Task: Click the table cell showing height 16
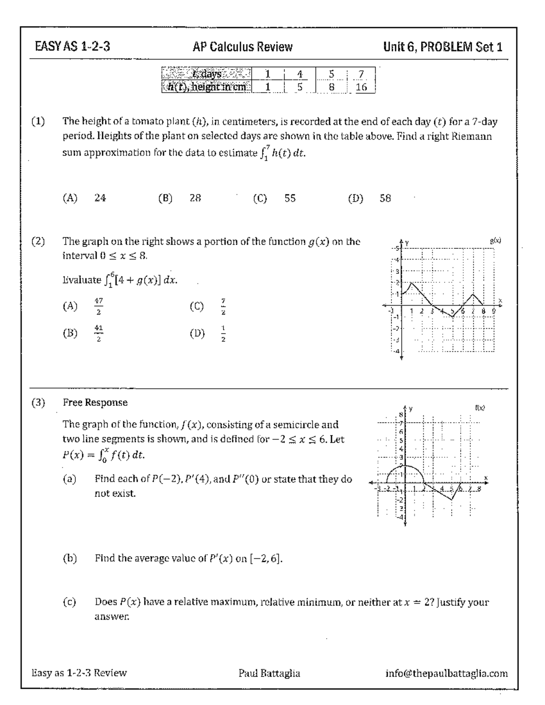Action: (x=361, y=87)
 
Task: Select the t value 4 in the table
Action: (x=299, y=74)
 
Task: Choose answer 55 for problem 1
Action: (x=290, y=198)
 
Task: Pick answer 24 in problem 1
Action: (x=100, y=198)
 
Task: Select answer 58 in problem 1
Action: (x=385, y=198)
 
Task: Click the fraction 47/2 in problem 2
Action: (x=99, y=306)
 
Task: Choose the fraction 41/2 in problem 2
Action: (x=99, y=333)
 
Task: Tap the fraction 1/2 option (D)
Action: (x=223, y=333)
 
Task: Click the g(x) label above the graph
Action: (x=495, y=241)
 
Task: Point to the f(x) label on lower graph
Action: (x=480, y=408)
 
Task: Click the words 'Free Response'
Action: (x=95, y=403)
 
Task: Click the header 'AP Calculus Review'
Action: (x=242, y=47)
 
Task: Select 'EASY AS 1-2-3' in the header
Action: (x=72, y=47)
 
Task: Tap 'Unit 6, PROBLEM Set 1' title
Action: (x=442, y=47)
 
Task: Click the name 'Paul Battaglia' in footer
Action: (x=269, y=673)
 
